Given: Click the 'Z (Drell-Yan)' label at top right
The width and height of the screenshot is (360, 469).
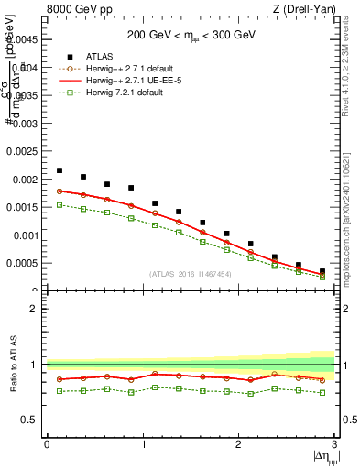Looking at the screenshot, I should click(x=303, y=9).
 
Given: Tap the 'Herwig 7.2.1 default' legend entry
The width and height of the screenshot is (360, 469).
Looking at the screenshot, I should click(x=129, y=92).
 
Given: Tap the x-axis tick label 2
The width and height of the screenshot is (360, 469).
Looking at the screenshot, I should click(x=238, y=444).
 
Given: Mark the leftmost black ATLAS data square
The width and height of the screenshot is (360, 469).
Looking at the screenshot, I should click(x=60, y=170).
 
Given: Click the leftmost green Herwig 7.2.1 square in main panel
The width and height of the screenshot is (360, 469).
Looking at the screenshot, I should click(x=60, y=204).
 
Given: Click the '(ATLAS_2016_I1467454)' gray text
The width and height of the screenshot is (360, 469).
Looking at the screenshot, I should click(x=191, y=274).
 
